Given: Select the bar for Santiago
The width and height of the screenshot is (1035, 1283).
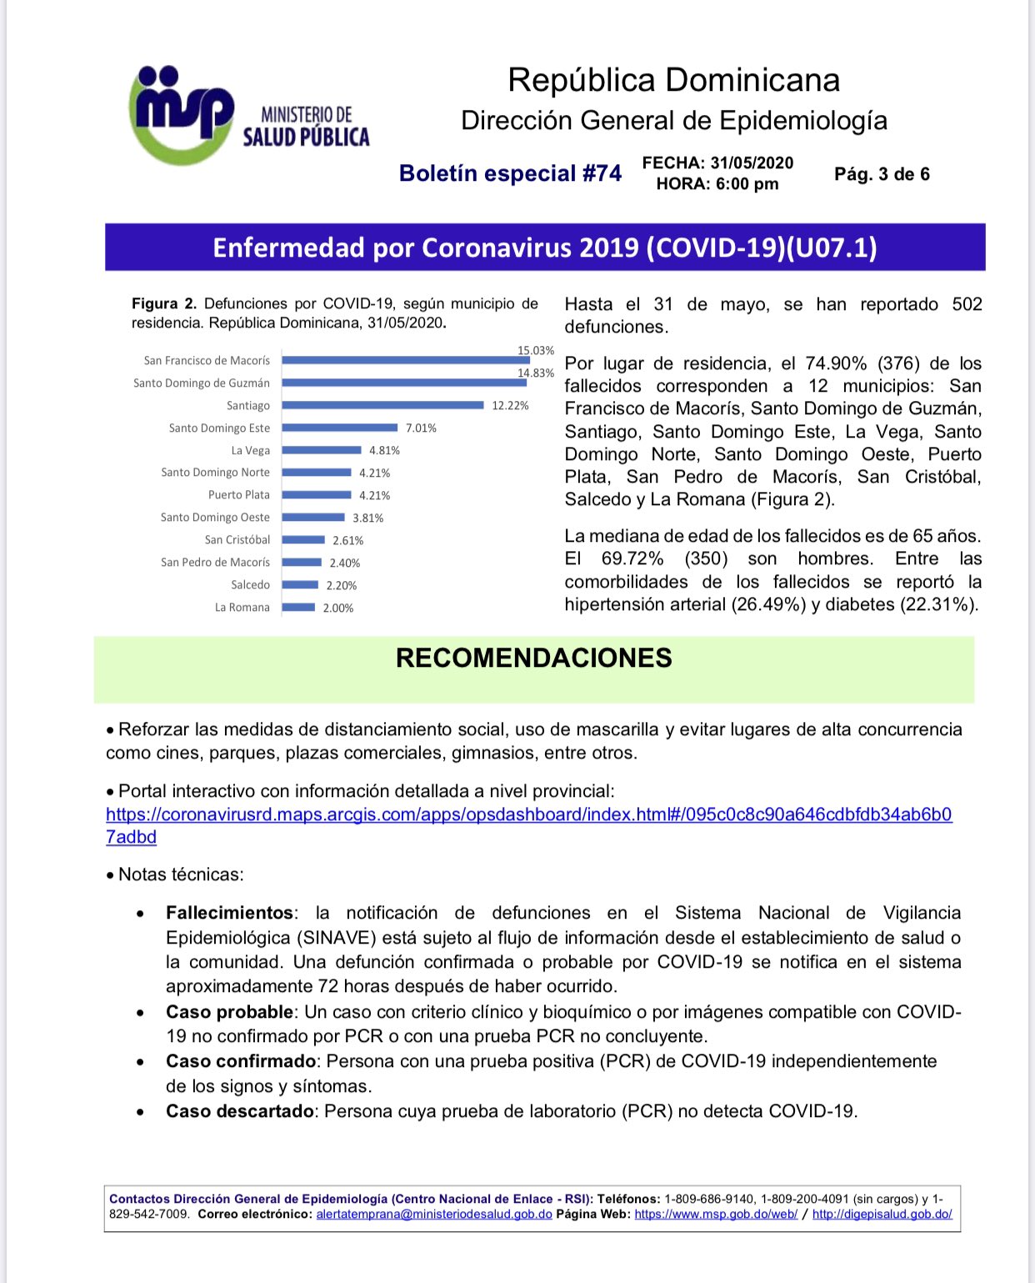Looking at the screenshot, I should [x=382, y=405].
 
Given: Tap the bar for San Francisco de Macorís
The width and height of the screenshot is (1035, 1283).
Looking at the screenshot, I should [x=405, y=360].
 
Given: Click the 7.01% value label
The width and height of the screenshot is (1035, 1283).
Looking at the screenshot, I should [x=421, y=429].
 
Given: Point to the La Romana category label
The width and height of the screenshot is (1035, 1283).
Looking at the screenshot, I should [x=242, y=608].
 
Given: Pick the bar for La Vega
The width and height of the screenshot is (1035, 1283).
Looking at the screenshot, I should [x=321, y=450].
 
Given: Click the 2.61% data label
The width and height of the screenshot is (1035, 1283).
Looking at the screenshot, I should [x=347, y=540].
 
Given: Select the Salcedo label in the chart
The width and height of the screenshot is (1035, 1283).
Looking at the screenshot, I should [x=251, y=585].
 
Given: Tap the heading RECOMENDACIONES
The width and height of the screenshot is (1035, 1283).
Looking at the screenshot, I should [x=533, y=658].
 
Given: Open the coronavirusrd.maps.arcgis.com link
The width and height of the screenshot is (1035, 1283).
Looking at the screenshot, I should [x=528, y=814].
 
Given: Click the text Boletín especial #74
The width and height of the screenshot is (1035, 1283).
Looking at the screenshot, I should [x=510, y=173].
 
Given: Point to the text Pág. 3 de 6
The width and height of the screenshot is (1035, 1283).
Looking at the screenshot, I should [x=882, y=174].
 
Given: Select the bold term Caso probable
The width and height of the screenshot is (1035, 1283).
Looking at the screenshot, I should [x=229, y=1012].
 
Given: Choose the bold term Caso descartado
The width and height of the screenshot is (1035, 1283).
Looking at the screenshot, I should [x=240, y=1111].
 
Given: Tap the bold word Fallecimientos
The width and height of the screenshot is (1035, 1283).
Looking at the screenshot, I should [x=229, y=913].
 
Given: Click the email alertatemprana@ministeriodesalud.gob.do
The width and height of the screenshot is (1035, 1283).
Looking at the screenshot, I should [x=434, y=1214].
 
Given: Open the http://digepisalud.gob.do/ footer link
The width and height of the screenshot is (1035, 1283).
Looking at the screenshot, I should [x=882, y=1214].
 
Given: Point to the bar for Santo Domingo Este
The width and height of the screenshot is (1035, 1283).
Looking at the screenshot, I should [x=339, y=428].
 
